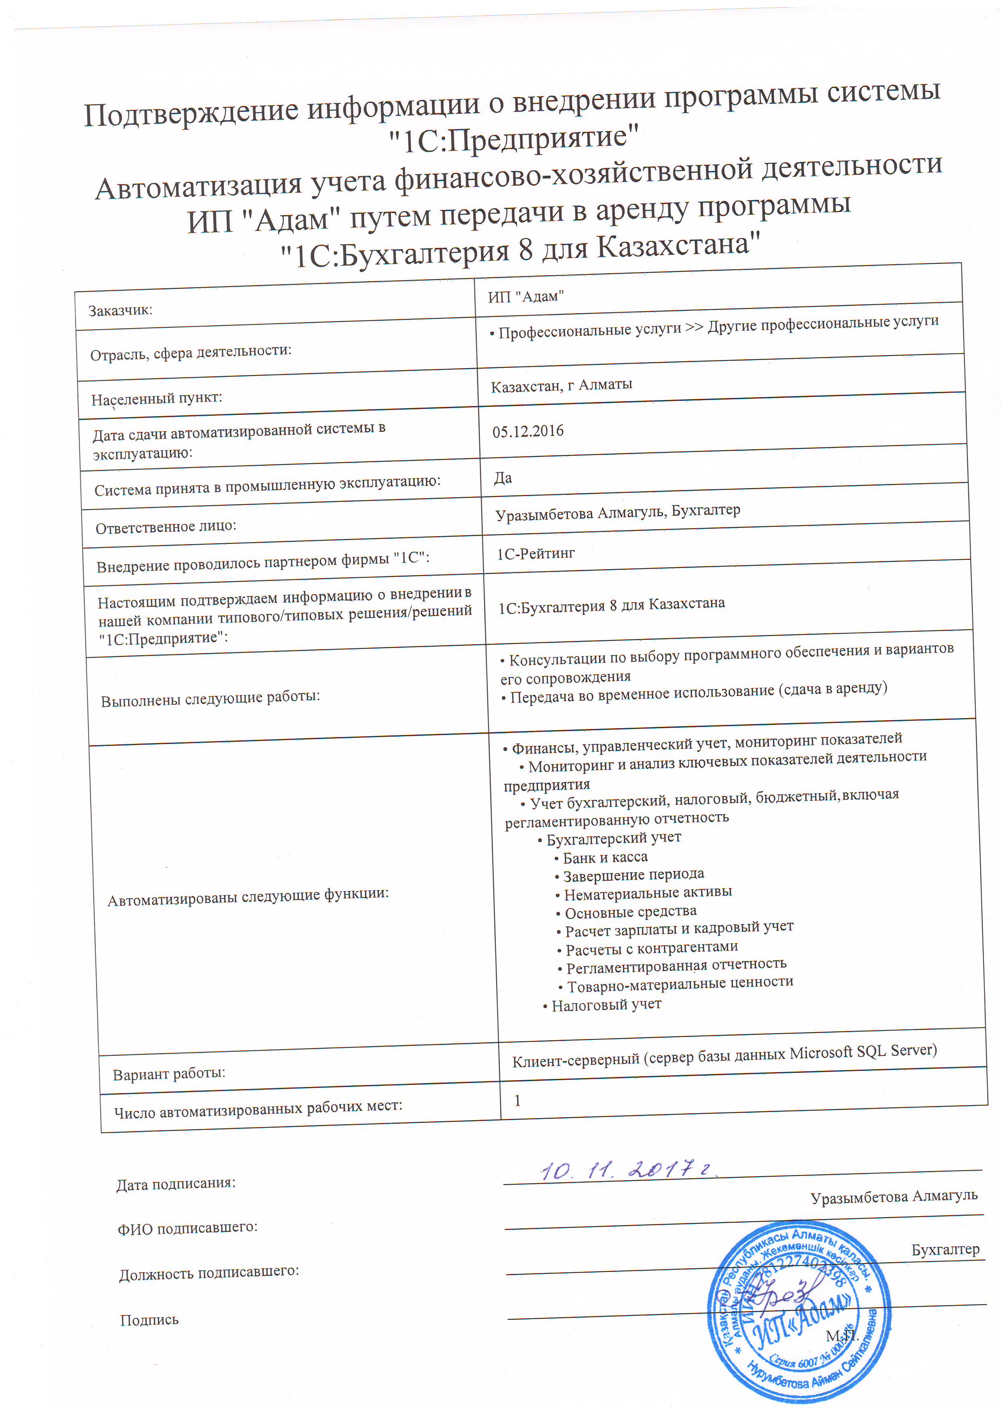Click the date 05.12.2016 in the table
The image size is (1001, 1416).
click(528, 431)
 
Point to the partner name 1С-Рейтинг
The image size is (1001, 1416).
click(536, 554)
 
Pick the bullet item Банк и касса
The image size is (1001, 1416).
click(604, 857)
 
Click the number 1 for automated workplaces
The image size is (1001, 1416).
click(517, 1100)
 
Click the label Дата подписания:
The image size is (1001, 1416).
click(176, 1183)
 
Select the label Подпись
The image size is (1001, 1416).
click(149, 1320)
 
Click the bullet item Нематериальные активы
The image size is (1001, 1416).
click(647, 892)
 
